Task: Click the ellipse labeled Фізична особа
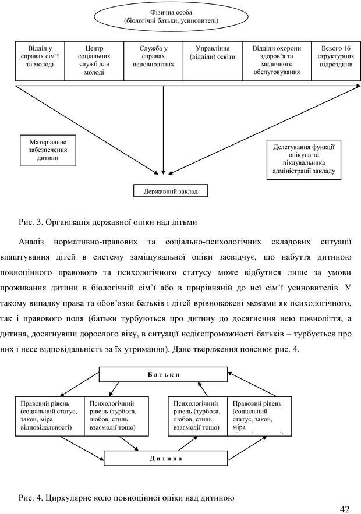point(171,16)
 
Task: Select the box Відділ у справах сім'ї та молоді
point(40,60)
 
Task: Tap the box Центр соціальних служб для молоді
point(94,60)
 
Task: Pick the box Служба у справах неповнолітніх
point(154,60)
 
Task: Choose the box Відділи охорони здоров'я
point(277,60)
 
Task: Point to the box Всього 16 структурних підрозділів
point(335,60)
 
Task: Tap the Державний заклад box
point(171,191)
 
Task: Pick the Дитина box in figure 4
point(165,458)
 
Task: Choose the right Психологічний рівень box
point(198,416)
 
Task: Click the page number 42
point(344,508)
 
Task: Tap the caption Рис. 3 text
point(108,222)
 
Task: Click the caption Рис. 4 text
point(126,498)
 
